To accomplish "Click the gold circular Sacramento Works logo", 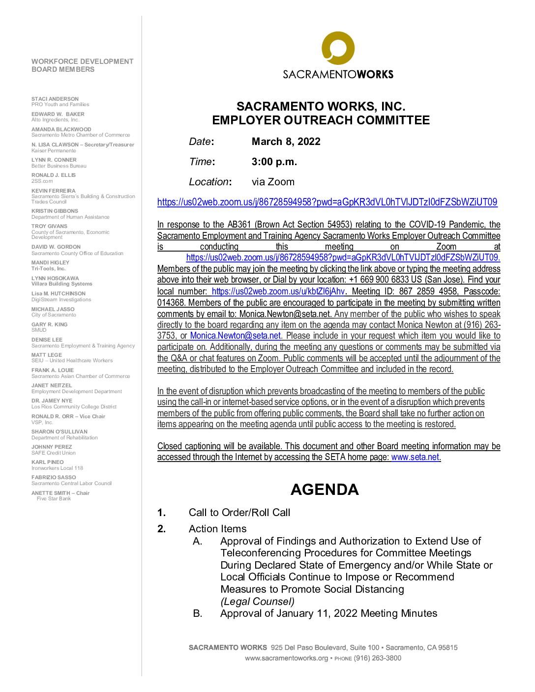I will click(338, 49).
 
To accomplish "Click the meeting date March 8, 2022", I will click(286, 142).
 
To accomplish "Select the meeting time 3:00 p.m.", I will click(274, 162).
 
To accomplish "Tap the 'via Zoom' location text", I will click(273, 182).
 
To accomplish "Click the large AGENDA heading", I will click(325, 490).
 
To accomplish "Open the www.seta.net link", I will click(415, 457).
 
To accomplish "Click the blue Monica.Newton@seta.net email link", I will click(235, 336).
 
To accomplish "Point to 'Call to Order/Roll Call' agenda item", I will click(239, 513).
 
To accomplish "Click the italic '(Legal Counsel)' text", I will click(257, 601).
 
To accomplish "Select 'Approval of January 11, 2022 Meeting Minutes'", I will click(328, 613).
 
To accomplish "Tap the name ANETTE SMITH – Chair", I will click(60, 493).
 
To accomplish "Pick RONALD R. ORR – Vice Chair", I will click(68, 416).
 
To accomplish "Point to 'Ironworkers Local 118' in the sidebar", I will click(57, 468).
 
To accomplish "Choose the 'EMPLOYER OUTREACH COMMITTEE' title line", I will click(321, 120).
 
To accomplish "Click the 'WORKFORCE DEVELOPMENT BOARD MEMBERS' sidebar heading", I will click(82, 65).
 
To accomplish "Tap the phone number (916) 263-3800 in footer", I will click(377, 658).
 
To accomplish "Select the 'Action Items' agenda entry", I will click(217, 529).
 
